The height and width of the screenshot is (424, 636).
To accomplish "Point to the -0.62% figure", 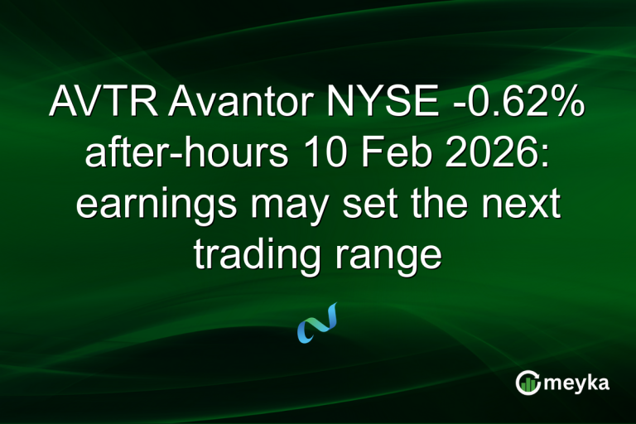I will click(517, 105).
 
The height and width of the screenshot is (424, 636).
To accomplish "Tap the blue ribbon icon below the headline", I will click(317, 323).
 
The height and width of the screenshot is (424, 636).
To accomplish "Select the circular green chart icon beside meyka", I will click(528, 383).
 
